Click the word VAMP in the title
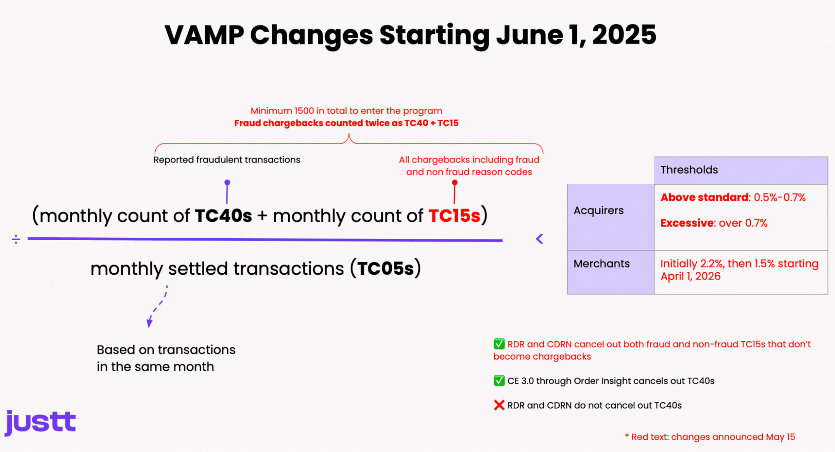click(x=205, y=35)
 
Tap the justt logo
click(x=40, y=423)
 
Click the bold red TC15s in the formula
click(x=454, y=216)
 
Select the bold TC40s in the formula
click(x=223, y=216)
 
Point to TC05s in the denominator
click(x=386, y=269)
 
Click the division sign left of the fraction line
click(x=16, y=239)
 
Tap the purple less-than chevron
click(x=540, y=239)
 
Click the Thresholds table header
click(x=689, y=170)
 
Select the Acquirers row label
click(x=599, y=211)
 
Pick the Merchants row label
click(x=602, y=264)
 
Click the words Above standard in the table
click(x=704, y=198)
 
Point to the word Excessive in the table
click(x=687, y=223)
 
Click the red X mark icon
click(x=499, y=405)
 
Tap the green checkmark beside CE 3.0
click(x=499, y=381)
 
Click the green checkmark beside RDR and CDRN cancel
click(x=499, y=344)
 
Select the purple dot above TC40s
click(x=227, y=183)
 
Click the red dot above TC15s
click(x=455, y=183)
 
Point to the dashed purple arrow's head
click(x=149, y=323)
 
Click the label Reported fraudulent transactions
click(x=227, y=160)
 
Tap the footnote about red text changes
click(x=710, y=437)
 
